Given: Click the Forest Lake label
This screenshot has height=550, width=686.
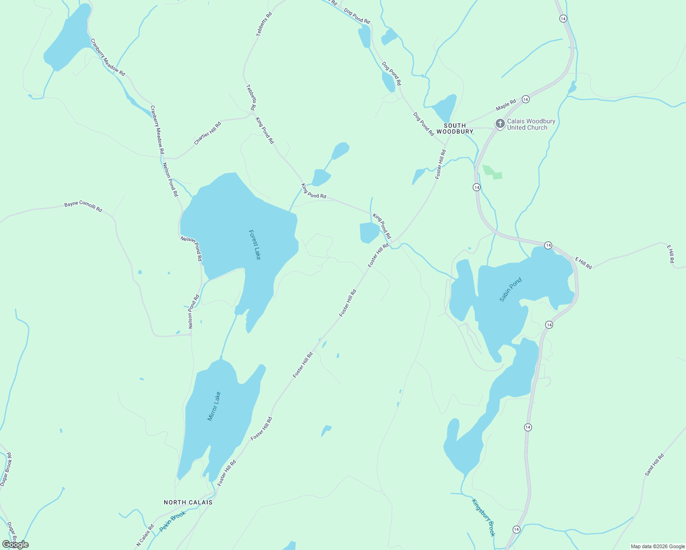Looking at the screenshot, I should coord(254,244).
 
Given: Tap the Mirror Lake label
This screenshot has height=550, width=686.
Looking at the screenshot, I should coord(214,406).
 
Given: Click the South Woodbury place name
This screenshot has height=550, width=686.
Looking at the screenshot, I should coord(454,128).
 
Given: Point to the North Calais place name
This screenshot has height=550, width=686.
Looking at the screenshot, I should coord(188,502).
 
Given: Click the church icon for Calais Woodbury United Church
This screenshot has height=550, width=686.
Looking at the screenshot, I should coord(500,124).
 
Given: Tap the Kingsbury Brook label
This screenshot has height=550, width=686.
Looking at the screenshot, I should coord(484,517).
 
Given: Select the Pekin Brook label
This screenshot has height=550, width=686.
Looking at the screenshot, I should coord(172,522).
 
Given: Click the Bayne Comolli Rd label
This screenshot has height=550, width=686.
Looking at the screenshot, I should coord(83,206).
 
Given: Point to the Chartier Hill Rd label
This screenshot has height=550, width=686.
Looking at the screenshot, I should coord(207,133).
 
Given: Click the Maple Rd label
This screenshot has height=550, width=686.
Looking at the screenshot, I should coord(506,105).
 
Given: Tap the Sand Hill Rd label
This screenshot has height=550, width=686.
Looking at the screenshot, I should coord(654,465).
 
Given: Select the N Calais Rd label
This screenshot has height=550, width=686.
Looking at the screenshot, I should coord(145,535).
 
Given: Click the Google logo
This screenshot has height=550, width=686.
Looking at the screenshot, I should coord(15,544).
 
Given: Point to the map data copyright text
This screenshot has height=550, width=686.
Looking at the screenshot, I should coord(657,546).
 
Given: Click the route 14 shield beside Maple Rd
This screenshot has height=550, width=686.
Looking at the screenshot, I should coord(526,99).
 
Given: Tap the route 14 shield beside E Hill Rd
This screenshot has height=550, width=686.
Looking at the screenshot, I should coord(548,246).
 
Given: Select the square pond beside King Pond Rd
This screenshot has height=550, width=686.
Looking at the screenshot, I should coord(369,233).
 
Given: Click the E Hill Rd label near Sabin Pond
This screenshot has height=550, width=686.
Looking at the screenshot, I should coord(583,263).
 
